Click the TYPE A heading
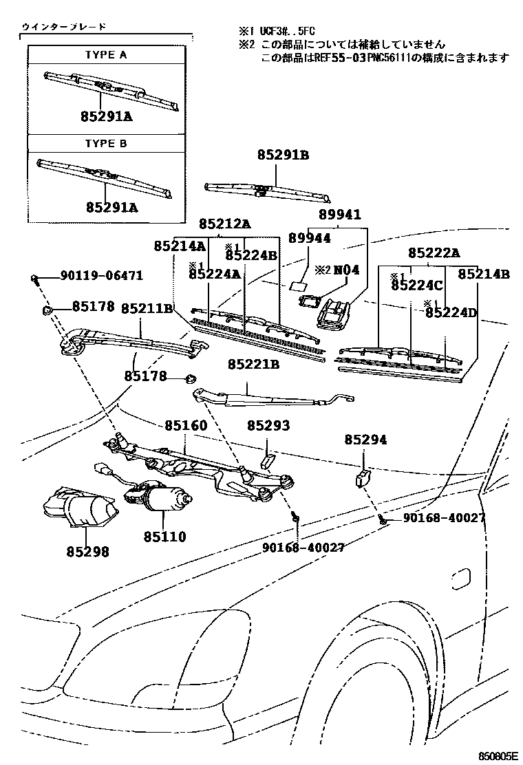[106, 55]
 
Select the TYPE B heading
[106, 144]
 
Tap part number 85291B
[284, 155]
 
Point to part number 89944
[309, 238]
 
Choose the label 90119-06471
[101, 276]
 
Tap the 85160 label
[185, 427]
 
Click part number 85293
[268, 427]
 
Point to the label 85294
[365, 440]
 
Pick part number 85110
[164, 535]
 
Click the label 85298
[88, 551]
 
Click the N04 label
[347, 270]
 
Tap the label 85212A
[225, 224]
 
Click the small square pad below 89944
[299, 285]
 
